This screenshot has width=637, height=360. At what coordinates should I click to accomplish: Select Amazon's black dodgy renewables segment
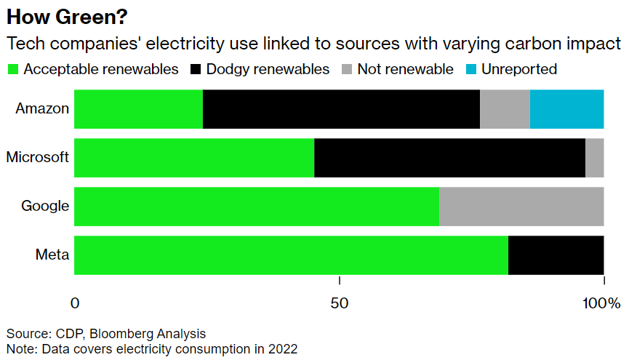[x=341, y=109]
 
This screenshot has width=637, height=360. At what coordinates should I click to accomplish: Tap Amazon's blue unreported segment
[x=566, y=109]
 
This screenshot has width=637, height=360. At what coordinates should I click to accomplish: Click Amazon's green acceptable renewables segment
[x=138, y=109]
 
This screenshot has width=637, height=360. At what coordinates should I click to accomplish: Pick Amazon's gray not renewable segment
[x=505, y=109]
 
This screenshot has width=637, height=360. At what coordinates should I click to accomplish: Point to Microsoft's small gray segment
[x=594, y=157]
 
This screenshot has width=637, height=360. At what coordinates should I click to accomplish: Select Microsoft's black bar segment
[x=449, y=157]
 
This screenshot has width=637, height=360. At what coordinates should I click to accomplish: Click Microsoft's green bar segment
[x=194, y=157]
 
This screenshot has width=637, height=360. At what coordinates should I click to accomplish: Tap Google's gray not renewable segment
[x=521, y=206]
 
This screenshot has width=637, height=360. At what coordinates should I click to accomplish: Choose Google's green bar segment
[x=257, y=206]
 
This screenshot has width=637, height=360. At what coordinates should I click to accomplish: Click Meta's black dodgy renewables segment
[x=556, y=255]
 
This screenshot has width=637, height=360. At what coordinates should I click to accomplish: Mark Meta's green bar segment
[x=291, y=255]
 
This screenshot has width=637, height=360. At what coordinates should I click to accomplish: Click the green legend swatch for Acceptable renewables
[x=12, y=70]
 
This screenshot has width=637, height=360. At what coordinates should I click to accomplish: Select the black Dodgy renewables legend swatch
[x=196, y=70]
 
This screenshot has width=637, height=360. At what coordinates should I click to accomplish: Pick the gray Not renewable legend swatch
[x=346, y=70]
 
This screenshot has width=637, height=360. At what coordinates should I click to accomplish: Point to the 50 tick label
[x=340, y=303]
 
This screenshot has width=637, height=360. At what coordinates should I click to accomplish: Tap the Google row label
[x=45, y=206]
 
